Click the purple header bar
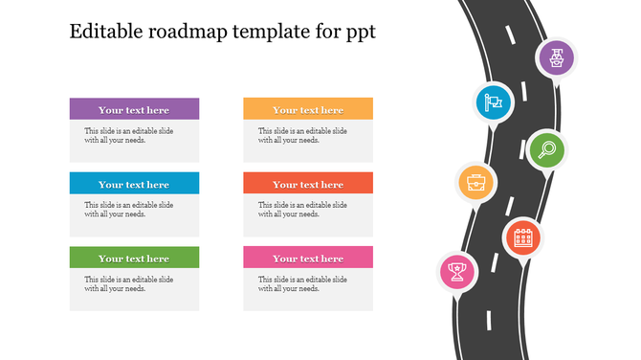pyautogui.click(x=134, y=109)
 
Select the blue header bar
pyautogui.click(x=134, y=184)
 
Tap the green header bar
pyautogui.click(x=134, y=258)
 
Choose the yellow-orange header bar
pyautogui.click(x=307, y=109)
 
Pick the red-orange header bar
pyautogui.click(x=307, y=184)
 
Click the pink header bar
pyautogui.click(x=307, y=258)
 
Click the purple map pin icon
pyautogui.click(x=556, y=58)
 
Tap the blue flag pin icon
pyautogui.click(x=495, y=101)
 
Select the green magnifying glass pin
pyautogui.click(x=546, y=148)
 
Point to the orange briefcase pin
pyautogui.click(x=475, y=181)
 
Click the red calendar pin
pyautogui.click(x=522, y=236)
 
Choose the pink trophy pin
pyautogui.click(x=457, y=271)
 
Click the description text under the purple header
pyautogui.click(x=129, y=135)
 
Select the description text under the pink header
pyautogui.click(x=303, y=283)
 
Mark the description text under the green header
pyautogui.click(x=129, y=283)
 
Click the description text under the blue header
pyautogui.click(x=129, y=209)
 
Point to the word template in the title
pyautogui.click(x=266, y=32)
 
